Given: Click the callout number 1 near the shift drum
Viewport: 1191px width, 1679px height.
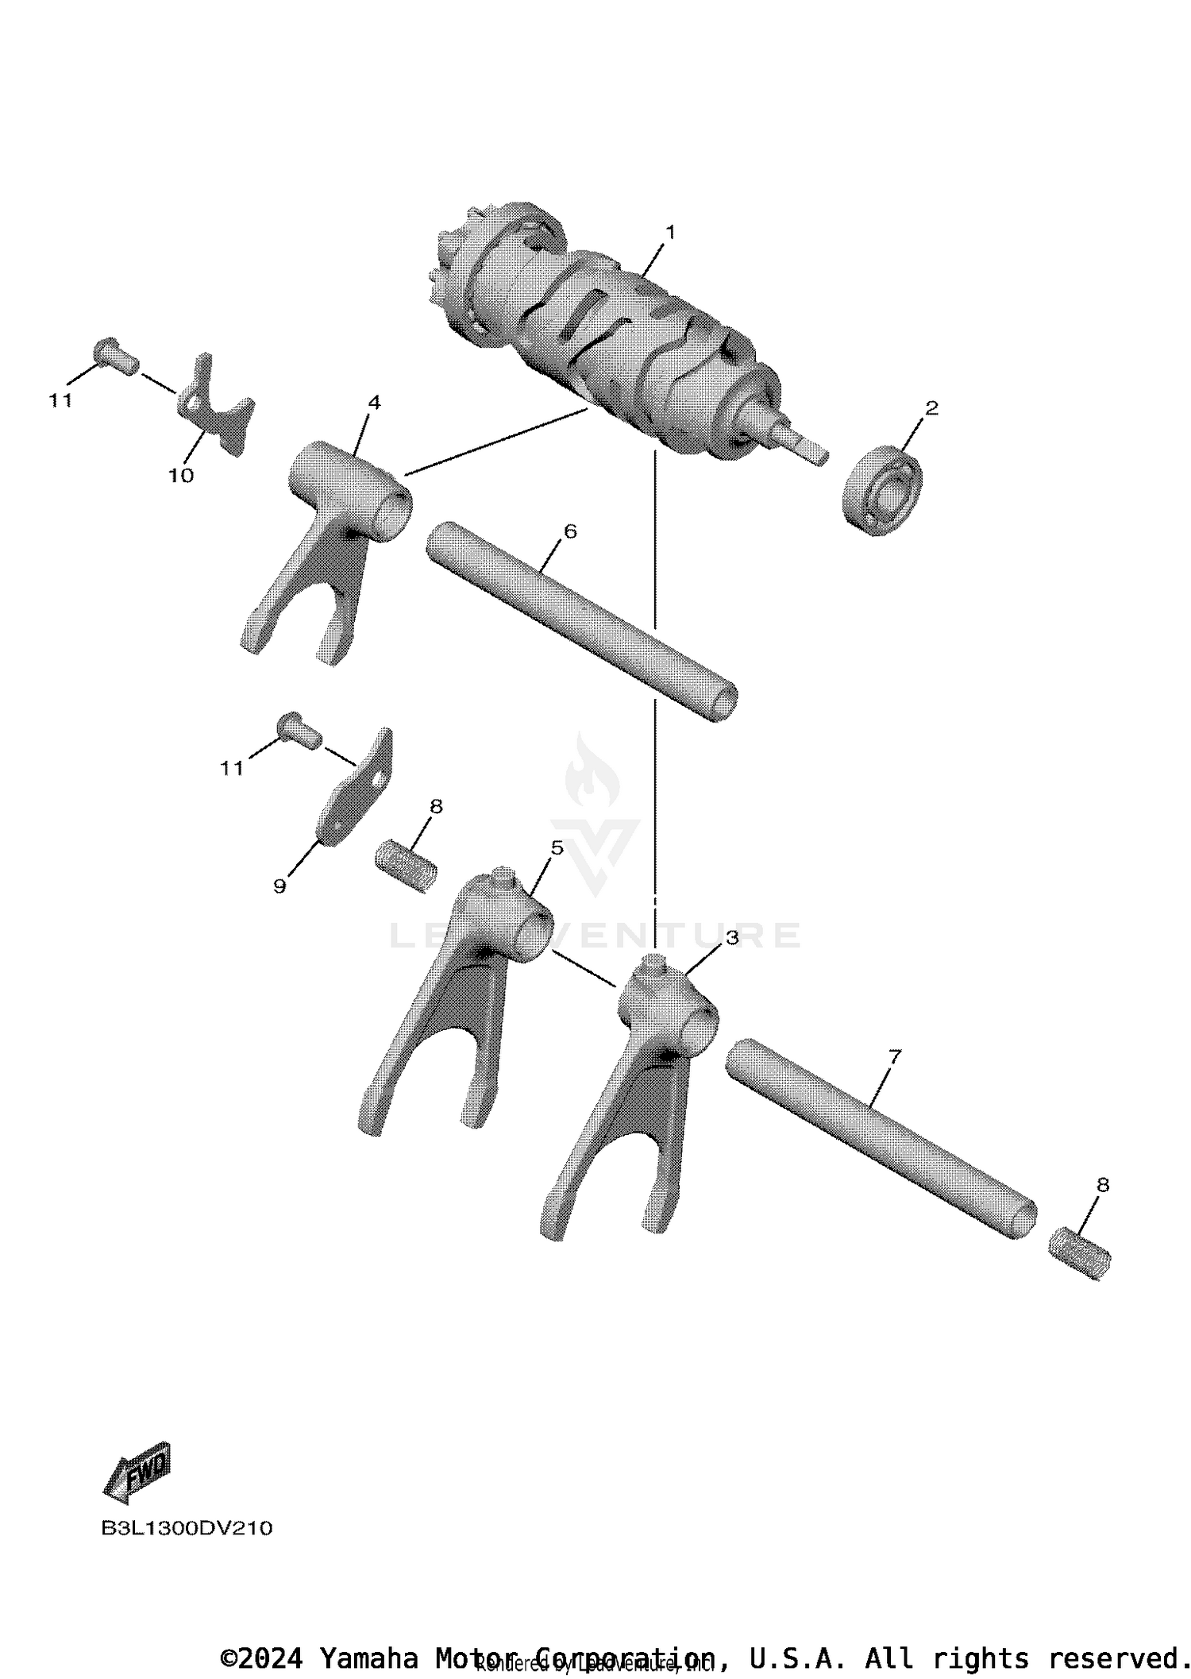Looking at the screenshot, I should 670,232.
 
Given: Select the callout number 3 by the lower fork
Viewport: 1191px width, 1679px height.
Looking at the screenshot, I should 731,938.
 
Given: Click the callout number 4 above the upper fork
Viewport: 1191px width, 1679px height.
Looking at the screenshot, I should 373,402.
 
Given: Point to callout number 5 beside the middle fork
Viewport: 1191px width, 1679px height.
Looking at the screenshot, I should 557,847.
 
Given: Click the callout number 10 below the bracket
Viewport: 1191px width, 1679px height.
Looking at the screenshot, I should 180,476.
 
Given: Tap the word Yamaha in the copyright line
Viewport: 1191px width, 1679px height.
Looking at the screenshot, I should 369,1658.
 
